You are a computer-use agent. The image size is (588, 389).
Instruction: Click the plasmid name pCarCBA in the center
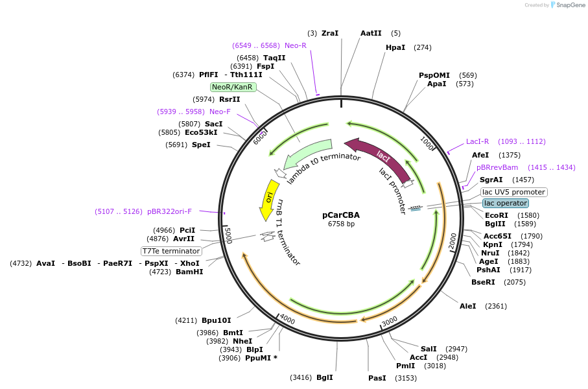[x=341, y=215]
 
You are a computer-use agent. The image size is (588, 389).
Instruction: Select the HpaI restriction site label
[x=395, y=47]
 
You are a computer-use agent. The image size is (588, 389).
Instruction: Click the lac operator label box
[x=506, y=203]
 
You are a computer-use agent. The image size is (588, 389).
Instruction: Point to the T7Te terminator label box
[x=171, y=251]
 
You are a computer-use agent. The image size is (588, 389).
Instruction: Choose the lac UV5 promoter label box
[x=514, y=192]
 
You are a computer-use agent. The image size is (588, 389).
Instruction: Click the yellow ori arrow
[x=269, y=198]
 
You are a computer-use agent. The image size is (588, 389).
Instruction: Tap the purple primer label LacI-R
[x=478, y=141]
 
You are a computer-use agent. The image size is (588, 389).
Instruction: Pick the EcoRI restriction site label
[x=497, y=215]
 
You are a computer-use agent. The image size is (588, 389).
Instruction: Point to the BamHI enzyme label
[x=189, y=272]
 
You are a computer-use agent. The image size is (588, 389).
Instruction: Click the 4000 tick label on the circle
[x=287, y=320]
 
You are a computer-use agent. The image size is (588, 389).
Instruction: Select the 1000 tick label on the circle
[x=427, y=143]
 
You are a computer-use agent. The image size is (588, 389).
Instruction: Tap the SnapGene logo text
[x=569, y=5]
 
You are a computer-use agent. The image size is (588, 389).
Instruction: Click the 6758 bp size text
[x=341, y=224]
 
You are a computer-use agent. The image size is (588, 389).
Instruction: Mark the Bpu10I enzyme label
[x=216, y=320]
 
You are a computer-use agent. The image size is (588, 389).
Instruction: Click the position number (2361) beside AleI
[x=496, y=306]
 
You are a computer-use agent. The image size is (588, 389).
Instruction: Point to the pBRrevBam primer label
[x=497, y=167]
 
